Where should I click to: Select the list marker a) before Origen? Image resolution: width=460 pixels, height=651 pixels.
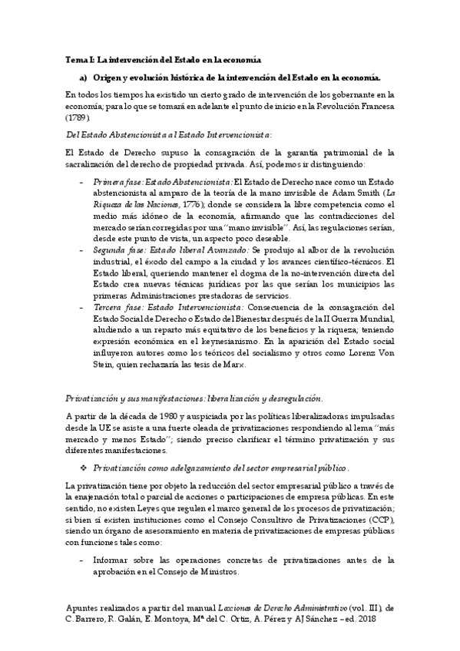tap(84, 78)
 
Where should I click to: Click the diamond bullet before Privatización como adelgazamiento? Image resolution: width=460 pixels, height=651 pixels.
tap(84, 468)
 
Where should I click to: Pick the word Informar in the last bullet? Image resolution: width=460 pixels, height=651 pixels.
tap(112, 560)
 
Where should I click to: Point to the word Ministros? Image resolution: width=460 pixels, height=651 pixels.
tap(224, 572)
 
